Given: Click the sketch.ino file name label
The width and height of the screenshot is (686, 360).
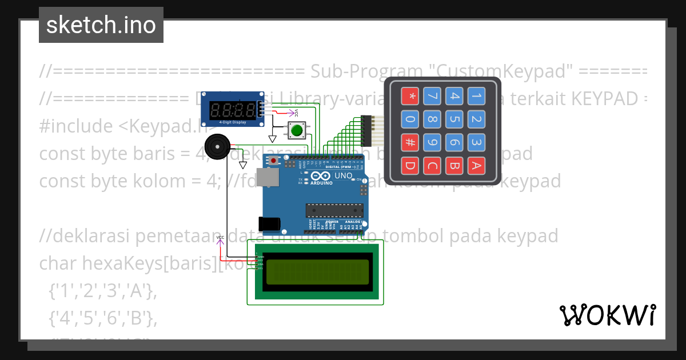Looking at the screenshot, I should tap(101, 25).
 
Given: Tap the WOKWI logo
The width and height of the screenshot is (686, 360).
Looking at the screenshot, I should tap(607, 315).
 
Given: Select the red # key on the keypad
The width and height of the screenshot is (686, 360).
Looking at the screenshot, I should tap(409, 142).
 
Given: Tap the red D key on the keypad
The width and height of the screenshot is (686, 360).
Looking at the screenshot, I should tap(409, 166).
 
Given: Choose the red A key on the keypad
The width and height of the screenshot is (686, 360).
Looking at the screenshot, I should tap(476, 166).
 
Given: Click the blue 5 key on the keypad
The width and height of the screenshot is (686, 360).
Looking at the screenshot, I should tap(454, 119).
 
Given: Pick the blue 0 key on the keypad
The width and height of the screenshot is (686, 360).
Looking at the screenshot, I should tap(409, 119).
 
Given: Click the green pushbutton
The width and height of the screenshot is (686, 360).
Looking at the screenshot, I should tap(297, 130).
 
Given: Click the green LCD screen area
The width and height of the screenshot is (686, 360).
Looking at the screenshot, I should tap(317, 272).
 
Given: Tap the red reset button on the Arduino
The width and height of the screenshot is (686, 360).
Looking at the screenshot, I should tap(274, 161).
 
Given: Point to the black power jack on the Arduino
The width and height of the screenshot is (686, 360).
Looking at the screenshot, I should tap(268, 223).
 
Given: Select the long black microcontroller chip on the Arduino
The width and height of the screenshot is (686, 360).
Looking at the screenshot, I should tap(334, 210).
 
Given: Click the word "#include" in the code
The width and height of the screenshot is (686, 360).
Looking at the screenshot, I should tap(77, 125).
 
